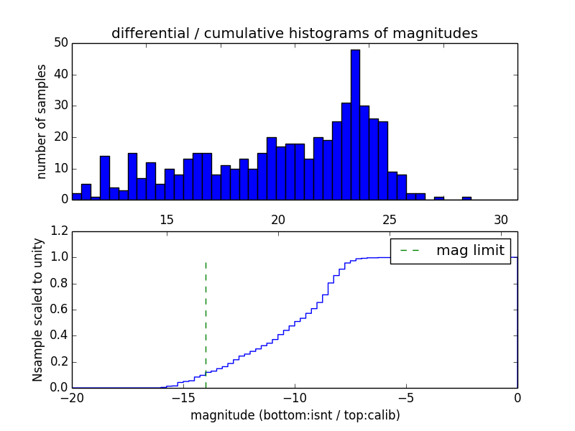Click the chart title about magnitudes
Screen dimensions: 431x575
pyautogui.click(x=294, y=33)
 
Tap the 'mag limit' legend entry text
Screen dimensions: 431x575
pyautogui.click(x=471, y=251)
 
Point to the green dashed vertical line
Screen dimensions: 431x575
pyautogui.click(x=206, y=316)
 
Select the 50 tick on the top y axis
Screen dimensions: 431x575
pyautogui.click(x=60, y=43)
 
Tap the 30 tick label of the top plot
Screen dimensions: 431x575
pyautogui.click(x=501, y=219)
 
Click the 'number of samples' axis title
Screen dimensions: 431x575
pyautogui.click(x=42, y=121)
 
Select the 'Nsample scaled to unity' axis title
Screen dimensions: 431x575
pyautogui.click(x=37, y=310)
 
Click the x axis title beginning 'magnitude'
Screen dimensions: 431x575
pyautogui.click(x=295, y=415)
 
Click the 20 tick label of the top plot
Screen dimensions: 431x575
pyautogui.click(x=278, y=219)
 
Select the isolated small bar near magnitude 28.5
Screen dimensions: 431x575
pyautogui.click(x=466, y=198)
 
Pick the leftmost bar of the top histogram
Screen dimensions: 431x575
pyautogui.click(x=77, y=197)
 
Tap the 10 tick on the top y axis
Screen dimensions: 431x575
pyautogui.click(x=60, y=169)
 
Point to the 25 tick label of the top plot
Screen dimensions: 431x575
pyautogui.click(x=390, y=219)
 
